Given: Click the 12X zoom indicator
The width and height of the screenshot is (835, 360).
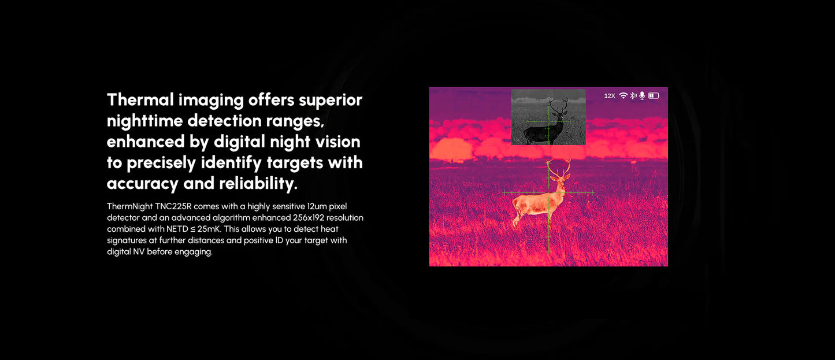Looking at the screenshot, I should click(610, 96).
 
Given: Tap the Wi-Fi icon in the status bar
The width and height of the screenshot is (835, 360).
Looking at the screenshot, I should click(623, 95).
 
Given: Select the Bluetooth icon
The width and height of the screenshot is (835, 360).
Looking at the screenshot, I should click(633, 95).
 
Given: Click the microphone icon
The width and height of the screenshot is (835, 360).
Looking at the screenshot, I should click(641, 95).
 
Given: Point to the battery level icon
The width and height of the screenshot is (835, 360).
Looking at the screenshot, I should click(654, 95).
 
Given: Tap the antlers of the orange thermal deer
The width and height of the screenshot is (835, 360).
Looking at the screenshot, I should click(558, 168).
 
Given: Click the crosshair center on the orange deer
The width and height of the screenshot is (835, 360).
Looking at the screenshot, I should click(548, 192).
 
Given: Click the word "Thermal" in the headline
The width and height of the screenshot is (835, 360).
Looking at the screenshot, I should click(140, 100).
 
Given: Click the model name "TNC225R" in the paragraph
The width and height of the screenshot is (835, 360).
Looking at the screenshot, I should click(173, 206).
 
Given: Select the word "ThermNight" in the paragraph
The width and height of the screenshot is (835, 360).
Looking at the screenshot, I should click(129, 206).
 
